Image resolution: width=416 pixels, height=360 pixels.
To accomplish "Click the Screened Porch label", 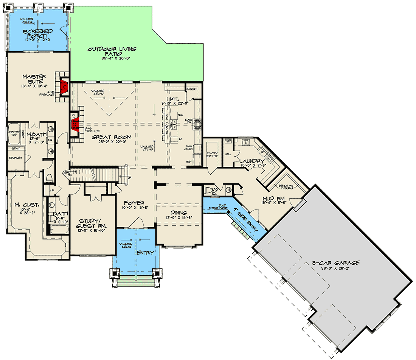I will click(x=37, y=33).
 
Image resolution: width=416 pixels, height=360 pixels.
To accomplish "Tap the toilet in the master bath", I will click(x=48, y=177).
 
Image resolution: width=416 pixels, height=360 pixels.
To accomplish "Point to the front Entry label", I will click(x=145, y=253).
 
